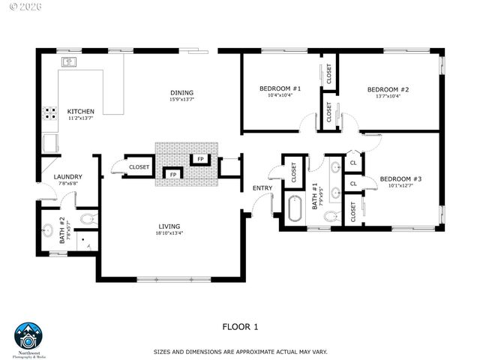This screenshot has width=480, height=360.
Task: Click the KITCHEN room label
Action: click(80, 110)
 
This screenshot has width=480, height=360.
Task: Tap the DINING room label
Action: click(182, 92)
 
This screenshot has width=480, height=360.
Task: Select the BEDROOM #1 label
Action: click(280, 88)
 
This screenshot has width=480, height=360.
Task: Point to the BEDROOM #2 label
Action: click(388, 88)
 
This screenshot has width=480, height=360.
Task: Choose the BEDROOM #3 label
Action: click(400, 178)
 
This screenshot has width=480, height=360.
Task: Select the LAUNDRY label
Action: click(68, 177)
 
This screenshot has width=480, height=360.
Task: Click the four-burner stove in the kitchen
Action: click(51, 114)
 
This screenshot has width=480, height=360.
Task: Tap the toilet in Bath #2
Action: click(87, 220)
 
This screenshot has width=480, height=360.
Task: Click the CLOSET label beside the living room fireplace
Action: click(139, 167)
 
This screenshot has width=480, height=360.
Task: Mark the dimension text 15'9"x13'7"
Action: click(182, 99)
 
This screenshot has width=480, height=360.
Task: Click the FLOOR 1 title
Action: click(240, 326)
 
